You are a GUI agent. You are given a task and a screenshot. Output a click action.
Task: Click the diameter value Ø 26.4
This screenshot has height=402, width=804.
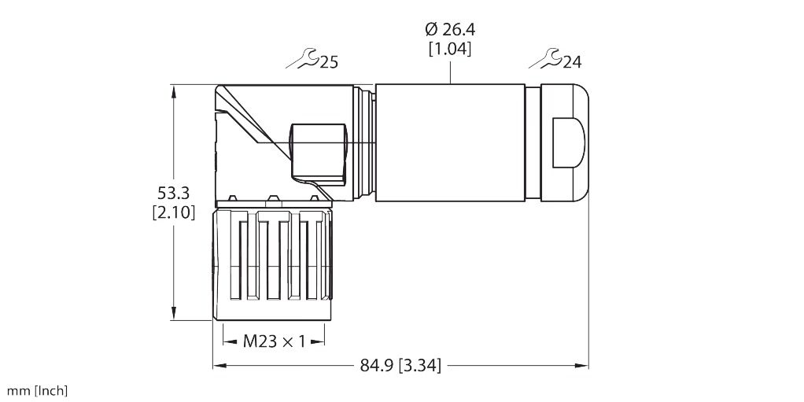pos(450,30)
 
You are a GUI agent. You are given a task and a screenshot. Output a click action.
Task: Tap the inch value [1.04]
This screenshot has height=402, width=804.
pos(450,50)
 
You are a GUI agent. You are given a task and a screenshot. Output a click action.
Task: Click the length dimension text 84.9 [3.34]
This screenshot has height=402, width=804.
pos(400,365)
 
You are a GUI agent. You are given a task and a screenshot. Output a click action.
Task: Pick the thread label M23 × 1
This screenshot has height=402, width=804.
pos(273,341)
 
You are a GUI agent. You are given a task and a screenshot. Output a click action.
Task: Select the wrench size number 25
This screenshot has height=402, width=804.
pos(329,61)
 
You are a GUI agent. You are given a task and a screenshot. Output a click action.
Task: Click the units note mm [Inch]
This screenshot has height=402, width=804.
pos(38,390)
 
